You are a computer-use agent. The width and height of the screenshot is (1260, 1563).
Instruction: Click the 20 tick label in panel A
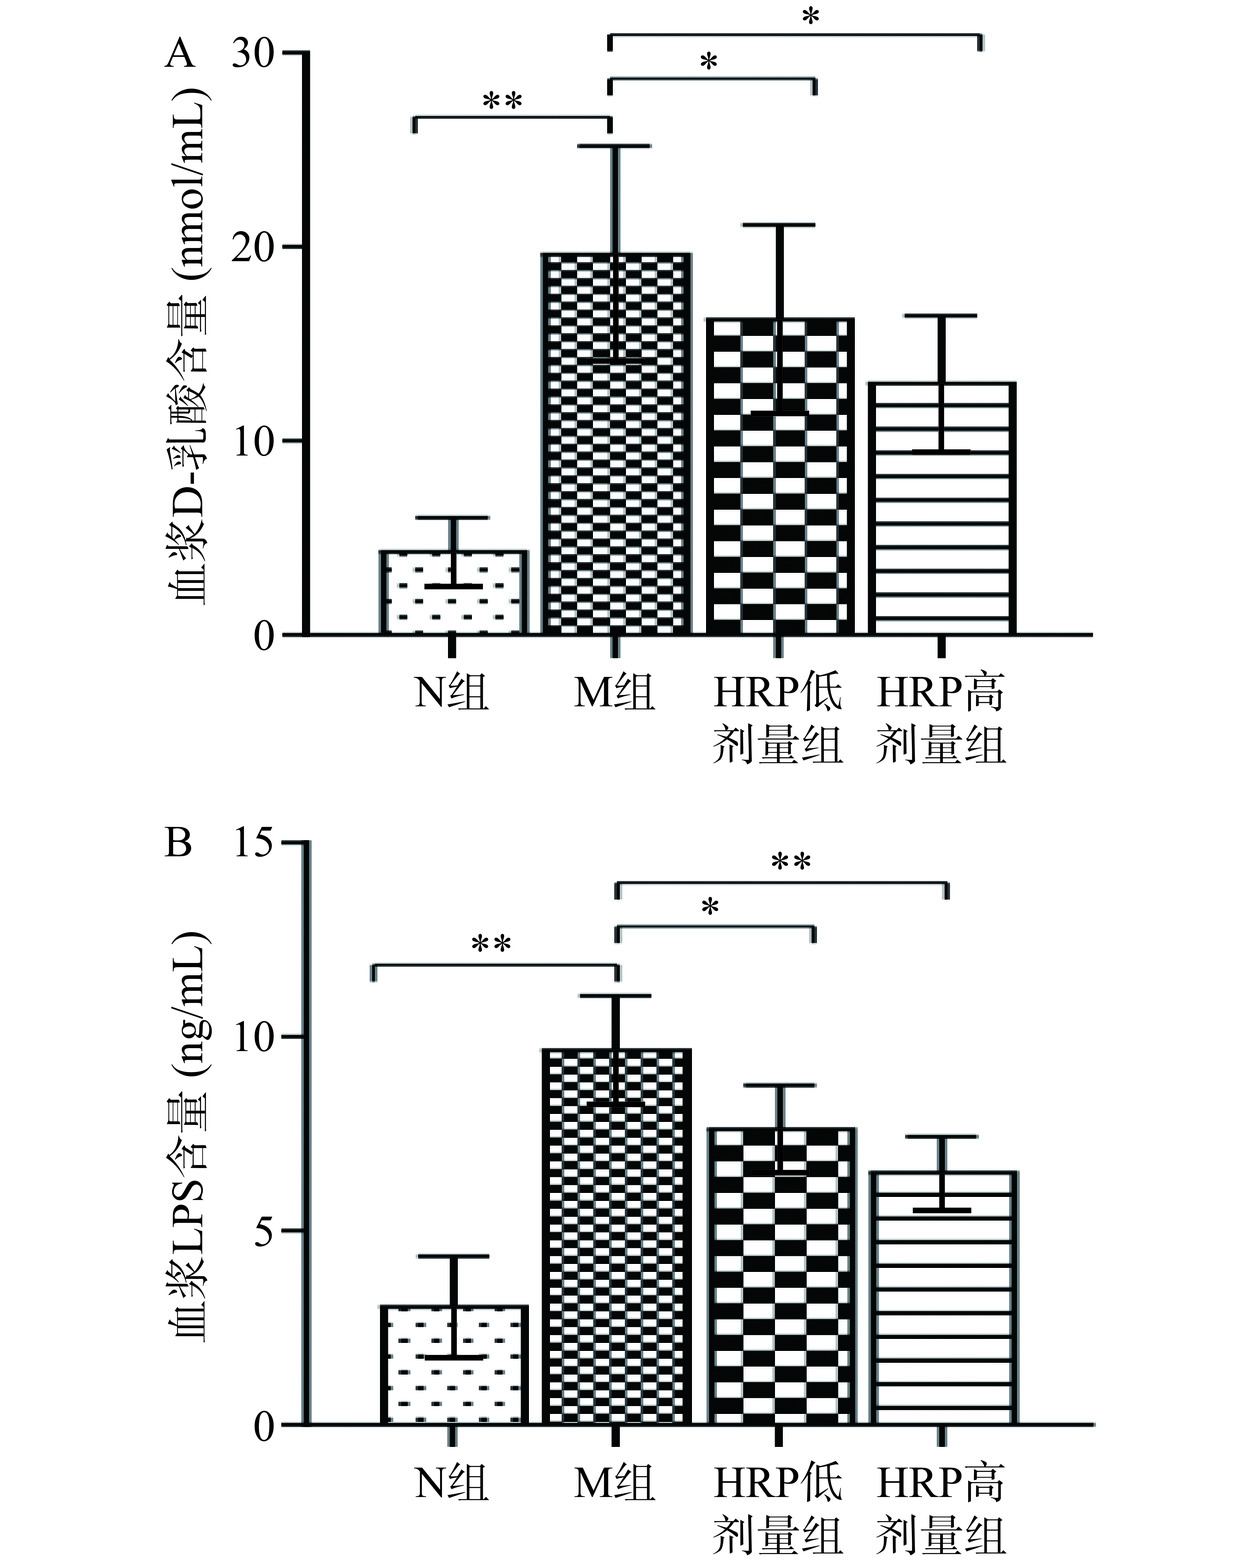pos(254,247)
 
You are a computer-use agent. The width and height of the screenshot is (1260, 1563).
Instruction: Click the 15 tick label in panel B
pos(254,843)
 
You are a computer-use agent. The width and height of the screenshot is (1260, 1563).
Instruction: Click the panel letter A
pos(179,52)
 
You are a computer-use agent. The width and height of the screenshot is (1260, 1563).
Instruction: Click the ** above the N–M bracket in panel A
pos(502,102)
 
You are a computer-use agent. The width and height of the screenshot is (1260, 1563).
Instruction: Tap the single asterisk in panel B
pos(710,908)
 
